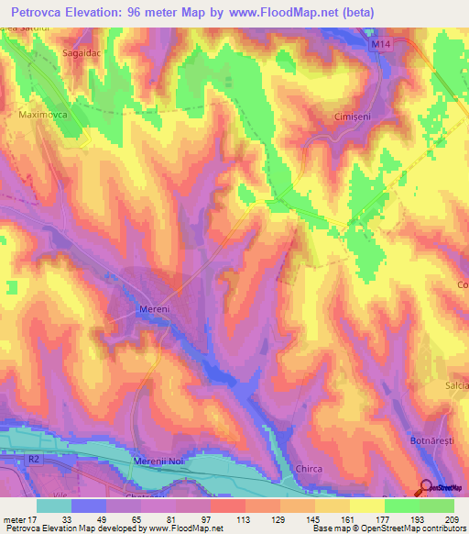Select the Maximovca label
(44, 117)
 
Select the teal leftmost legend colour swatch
(54, 506)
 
